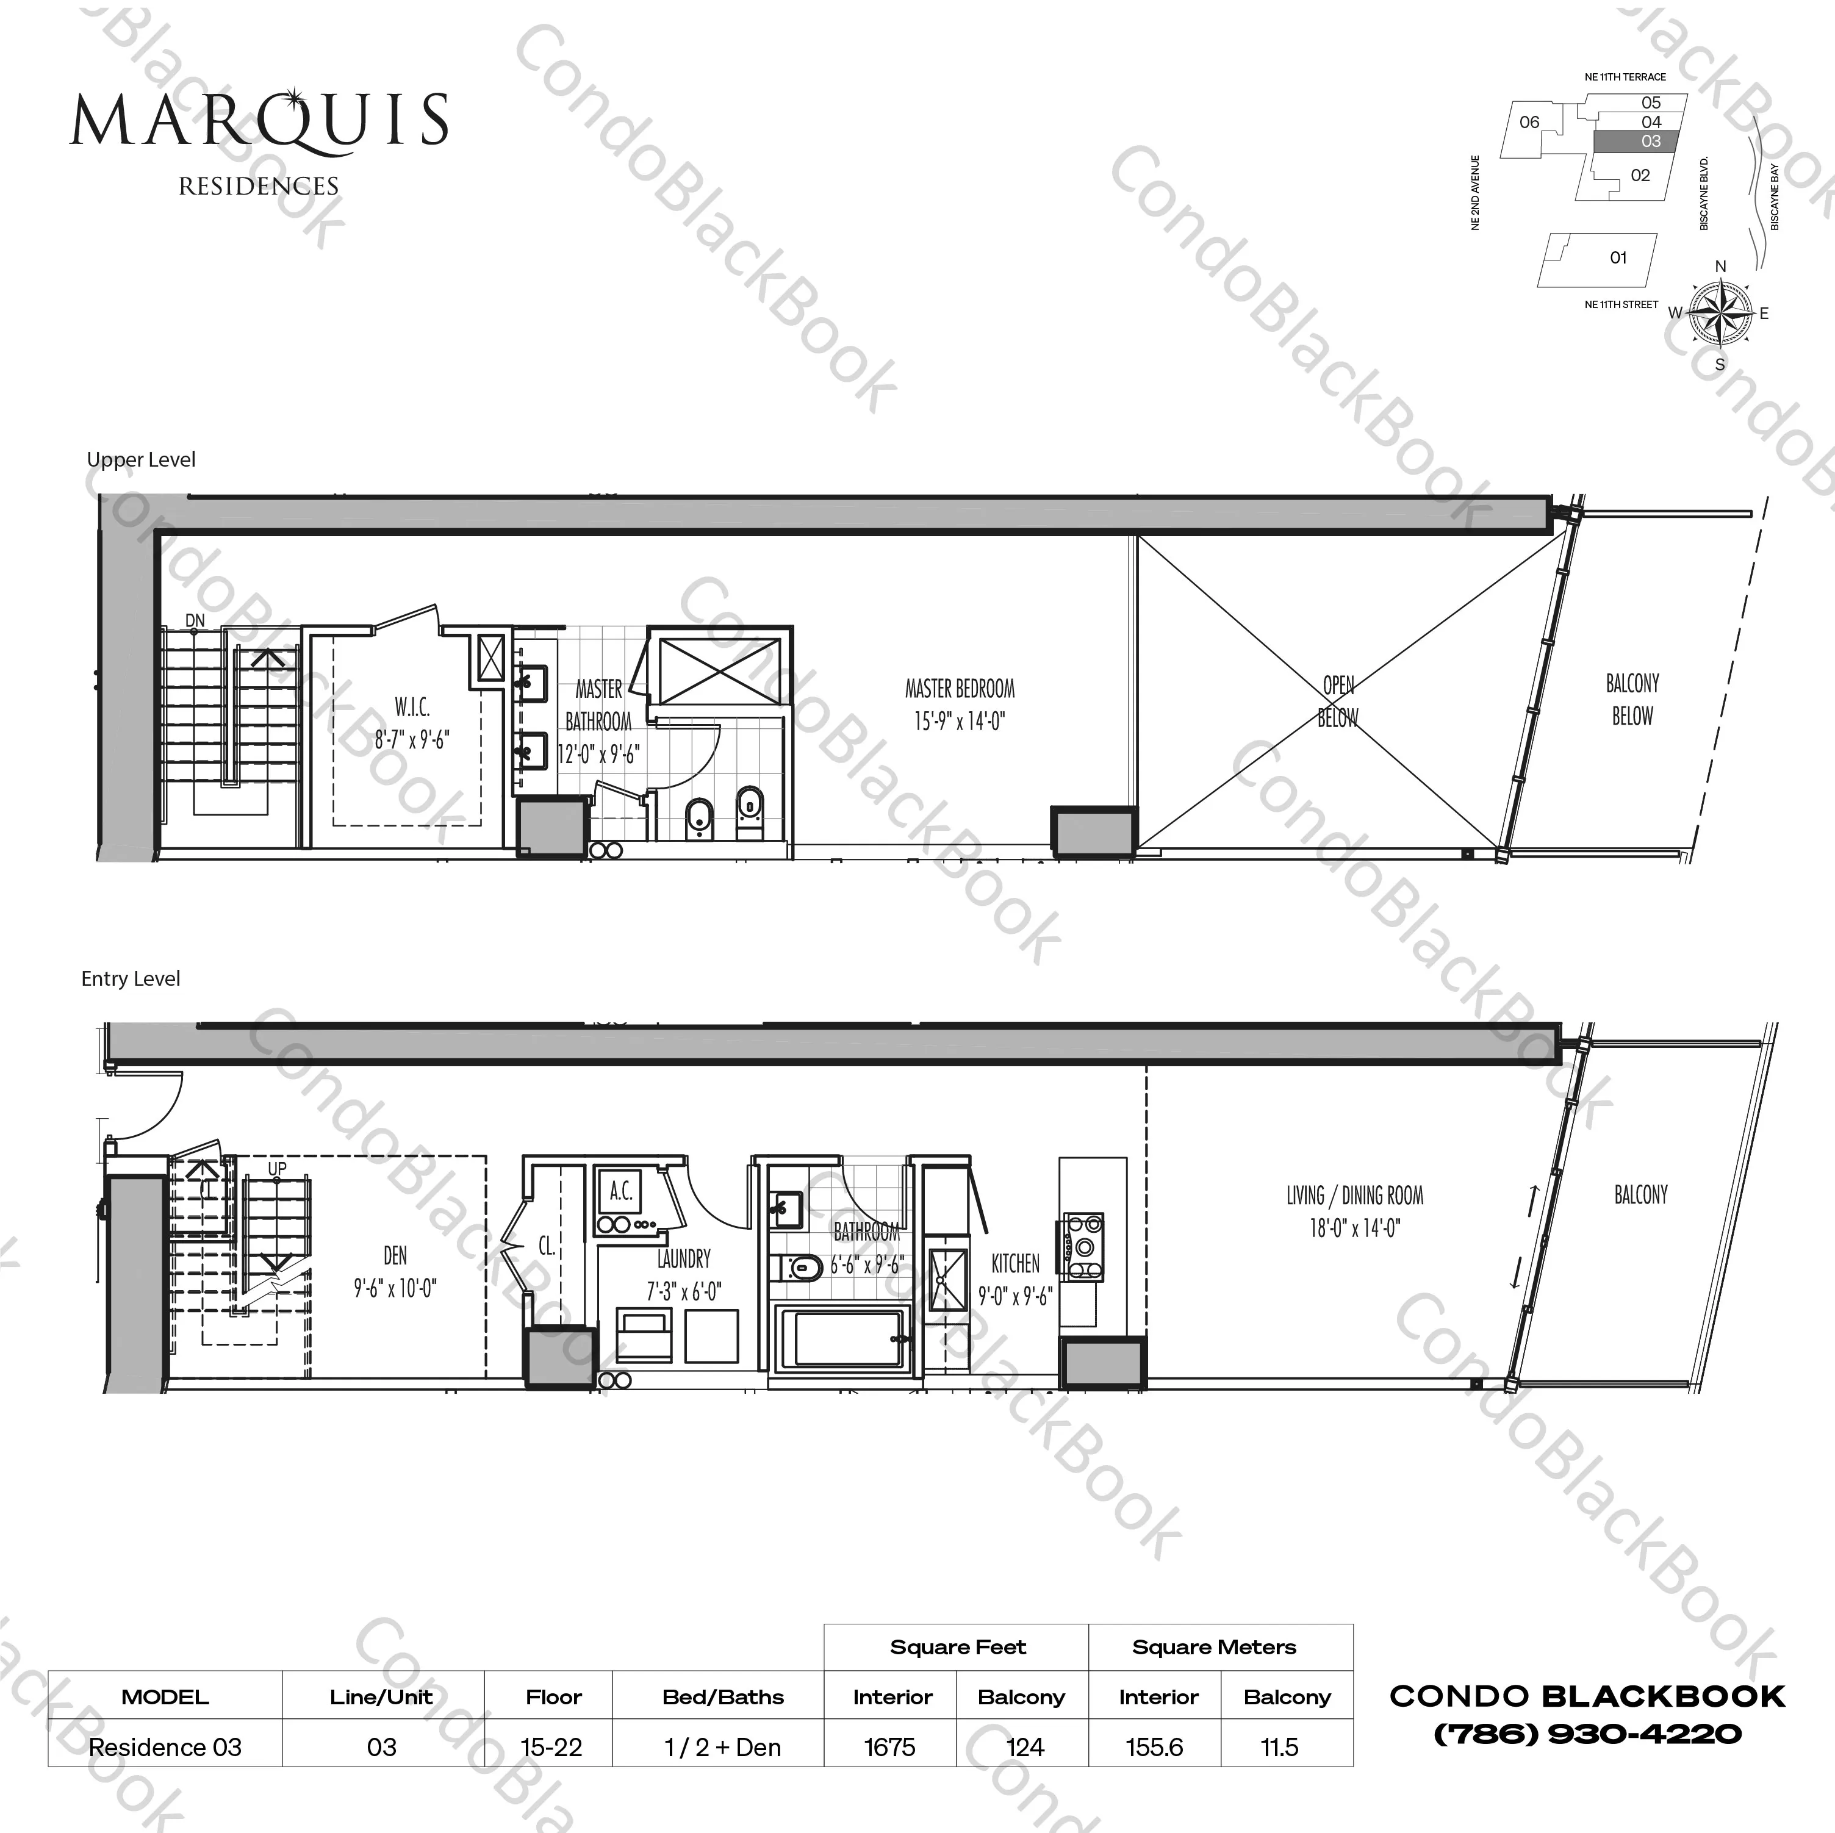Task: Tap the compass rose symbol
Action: [1720, 312]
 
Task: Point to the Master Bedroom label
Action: [960, 689]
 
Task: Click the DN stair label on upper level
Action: [195, 621]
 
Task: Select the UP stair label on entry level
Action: [276, 1168]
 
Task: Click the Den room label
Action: [395, 1255]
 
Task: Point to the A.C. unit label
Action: [621, 1190]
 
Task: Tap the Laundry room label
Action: [684, 1260]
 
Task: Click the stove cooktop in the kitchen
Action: [1083, 1247]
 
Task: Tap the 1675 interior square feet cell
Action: [890, 1746]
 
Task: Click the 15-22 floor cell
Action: [551, 1746]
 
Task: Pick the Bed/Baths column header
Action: [723, 1697]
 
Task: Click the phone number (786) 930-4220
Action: [1587, 1734]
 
